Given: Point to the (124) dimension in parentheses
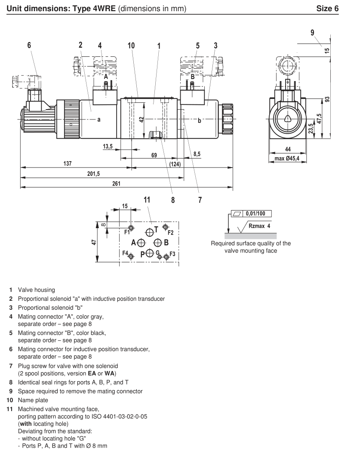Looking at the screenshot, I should tap(175, 164).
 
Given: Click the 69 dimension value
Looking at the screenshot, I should tap(154, 155).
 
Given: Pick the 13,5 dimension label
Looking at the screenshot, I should tap(108, 147).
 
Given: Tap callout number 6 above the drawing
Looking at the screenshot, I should tap(29, 46).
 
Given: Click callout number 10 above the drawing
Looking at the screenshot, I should tap(132, 46).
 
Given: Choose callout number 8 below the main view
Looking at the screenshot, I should tap(173, 200).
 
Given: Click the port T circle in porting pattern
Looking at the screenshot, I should tap(149, 232).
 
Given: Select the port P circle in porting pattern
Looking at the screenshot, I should tap(149, 253).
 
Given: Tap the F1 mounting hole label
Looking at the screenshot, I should tap(127, 232).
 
